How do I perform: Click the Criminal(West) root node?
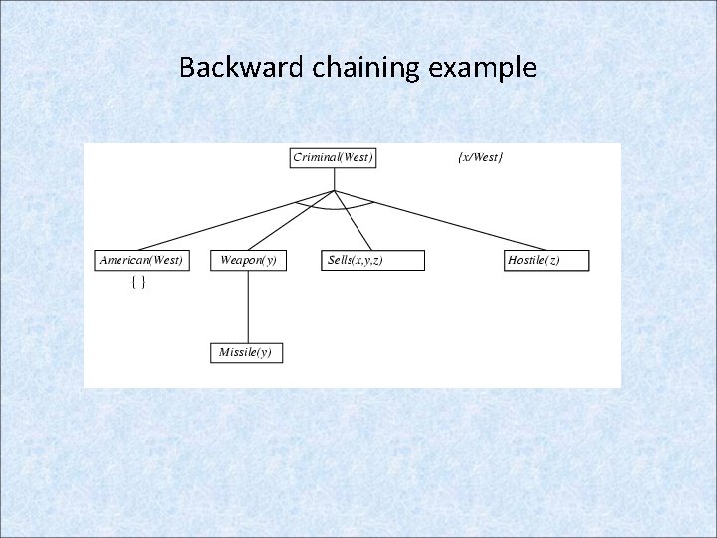click(x=333, y=157)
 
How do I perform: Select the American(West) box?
click(x=140, y=260)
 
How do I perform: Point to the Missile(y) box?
click(x=246, y=352)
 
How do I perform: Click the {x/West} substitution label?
click(x=481, y=157)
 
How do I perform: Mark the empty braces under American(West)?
click(x=139, y=283)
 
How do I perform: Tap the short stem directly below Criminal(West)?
click(x=334, y=178)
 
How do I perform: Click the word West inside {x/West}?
click(x=487, y=157)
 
